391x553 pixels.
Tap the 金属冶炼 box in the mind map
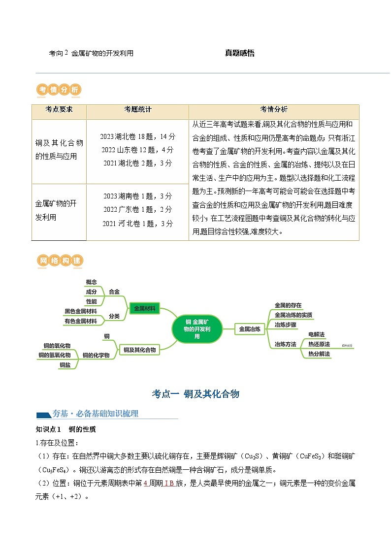tap(249, 328)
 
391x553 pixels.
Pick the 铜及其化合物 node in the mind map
tap(139, 350)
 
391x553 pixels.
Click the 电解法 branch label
tap(316, 335)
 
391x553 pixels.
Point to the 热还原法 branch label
tap(319, 344)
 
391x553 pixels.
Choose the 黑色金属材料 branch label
tap(81, 311)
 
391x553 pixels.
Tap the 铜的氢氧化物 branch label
tap(55, 355)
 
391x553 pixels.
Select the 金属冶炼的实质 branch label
tap(293, 315)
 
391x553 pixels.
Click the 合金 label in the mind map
tap(114, 292)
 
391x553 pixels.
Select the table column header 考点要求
tap(59, 109)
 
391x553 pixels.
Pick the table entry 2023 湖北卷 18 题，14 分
tap(137, 136)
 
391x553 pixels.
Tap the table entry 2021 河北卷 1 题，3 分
tap(138, 224)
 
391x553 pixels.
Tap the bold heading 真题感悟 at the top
tap(240, 53)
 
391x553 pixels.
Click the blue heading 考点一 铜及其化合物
tap(195, 393)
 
